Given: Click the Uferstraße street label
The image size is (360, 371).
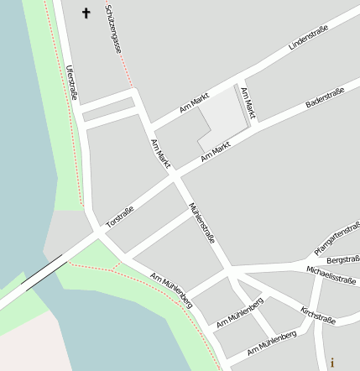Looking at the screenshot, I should pyautogui.click(x=71, y=83).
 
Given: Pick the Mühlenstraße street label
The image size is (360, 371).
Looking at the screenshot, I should pyautogui.click(x=203, y=222).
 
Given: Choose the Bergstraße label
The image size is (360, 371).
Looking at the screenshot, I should pyautogui.click(x=342, y=259).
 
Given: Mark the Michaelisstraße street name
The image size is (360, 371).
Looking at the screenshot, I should pyautogui.click(x=331, y=275).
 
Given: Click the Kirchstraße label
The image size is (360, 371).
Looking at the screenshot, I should pyautogui.click(x=318, y=316).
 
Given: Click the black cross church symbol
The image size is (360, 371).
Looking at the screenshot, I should pyautogui.click(x=85, y=13).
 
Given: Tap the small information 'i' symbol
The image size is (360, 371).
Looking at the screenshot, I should pyautogui.click(x=332, y=363).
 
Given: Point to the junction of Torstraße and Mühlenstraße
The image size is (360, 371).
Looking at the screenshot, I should pyautogui.click(x=175, y=175).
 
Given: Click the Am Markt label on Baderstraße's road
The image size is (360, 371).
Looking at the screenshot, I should pyautogui.click(x=216, y=152).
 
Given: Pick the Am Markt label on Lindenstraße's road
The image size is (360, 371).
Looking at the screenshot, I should pyautogui.click(x=194, y=105).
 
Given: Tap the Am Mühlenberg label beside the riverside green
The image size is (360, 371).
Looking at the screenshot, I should pyautogui.click(x=171, y=290).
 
